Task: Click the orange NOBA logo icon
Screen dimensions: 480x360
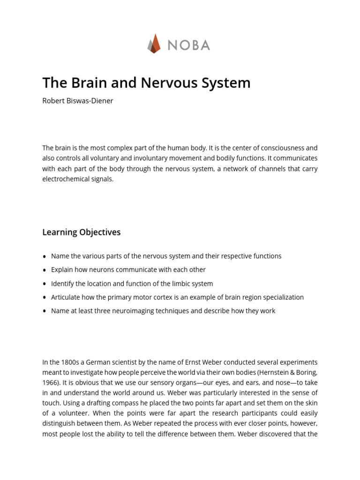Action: click(x=154, y=44)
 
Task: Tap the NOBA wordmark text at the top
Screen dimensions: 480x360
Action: click(x=188, y=45)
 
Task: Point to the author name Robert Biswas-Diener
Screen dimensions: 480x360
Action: click(x=78, y=101)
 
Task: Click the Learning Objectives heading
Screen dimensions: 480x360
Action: click(x=82, y=232)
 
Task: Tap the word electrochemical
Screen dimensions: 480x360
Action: click(x=65, y=179)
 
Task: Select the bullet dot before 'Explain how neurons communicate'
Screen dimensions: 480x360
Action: click(x=45, y=270)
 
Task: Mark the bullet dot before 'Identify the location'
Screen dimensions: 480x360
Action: click(x=45, y=284)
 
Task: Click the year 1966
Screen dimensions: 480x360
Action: click(x=51, y=382)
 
